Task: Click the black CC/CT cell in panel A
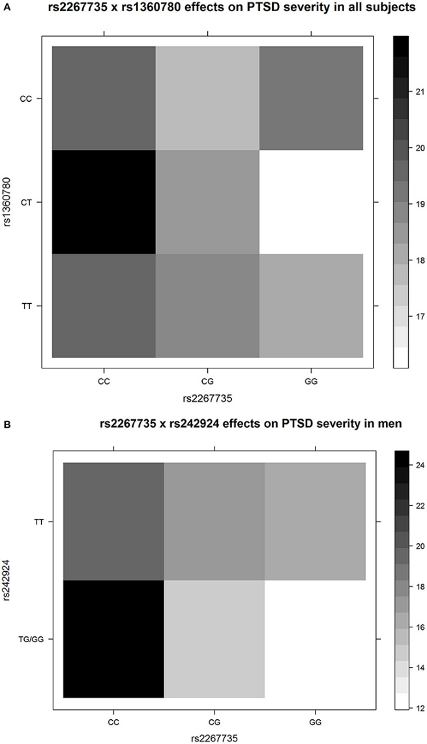(104, 202)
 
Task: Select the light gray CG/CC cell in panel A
(207, 98)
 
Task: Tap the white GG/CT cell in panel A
(311, 202)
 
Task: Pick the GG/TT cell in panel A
(311, 306)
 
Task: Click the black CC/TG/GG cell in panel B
(113, 638)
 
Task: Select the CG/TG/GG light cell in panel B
(214, 638)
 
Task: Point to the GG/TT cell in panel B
(315, 521)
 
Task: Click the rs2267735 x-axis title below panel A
(207, 395)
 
